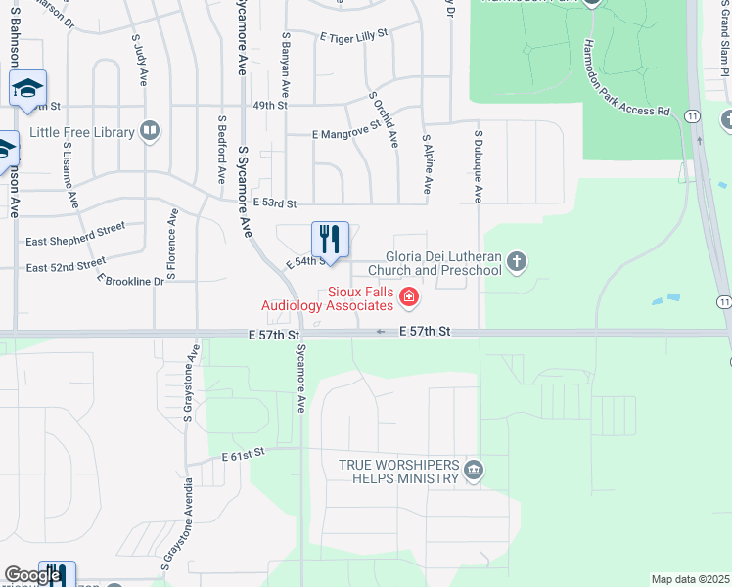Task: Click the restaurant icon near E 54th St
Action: (x=330, y=239)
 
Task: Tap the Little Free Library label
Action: (x=82, y=132)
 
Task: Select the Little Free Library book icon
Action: (x=150, y=131)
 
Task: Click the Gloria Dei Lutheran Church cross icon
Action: (x=517, y=261)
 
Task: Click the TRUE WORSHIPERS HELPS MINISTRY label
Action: (x=398, y=472)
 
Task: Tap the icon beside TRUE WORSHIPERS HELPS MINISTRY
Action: (x=474, y=472)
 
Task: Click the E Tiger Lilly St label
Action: (x=353, y=34)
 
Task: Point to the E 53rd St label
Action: (x=274, y=203)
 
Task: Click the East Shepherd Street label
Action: (x=75, y=234)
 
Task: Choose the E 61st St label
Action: (x=244, y=456)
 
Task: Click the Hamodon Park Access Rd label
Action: (x=626, y=78)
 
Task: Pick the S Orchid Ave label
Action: (x=384, y=120)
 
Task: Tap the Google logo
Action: (x=32, y=576)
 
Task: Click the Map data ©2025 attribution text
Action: (x=690, y=579)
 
